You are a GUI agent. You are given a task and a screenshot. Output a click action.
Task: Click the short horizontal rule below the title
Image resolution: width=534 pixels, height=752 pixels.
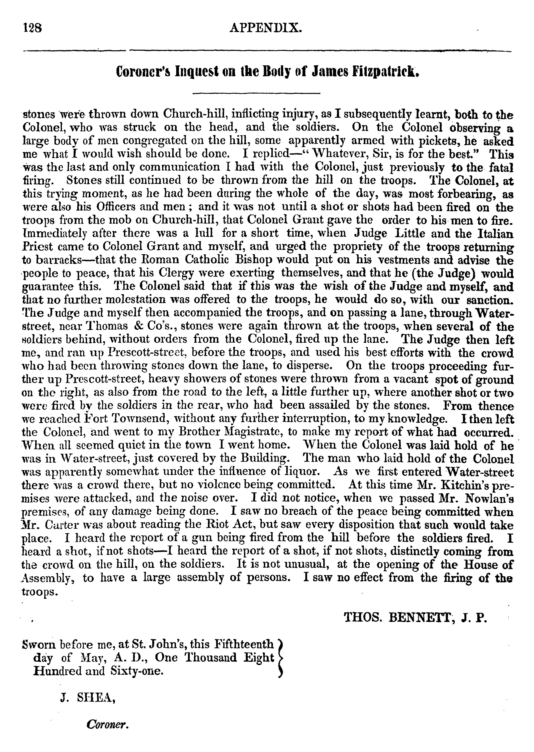[256, 94]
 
